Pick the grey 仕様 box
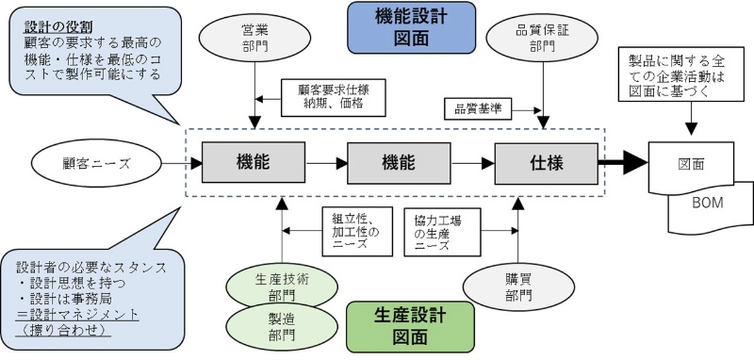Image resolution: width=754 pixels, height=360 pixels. [x=546, y=163]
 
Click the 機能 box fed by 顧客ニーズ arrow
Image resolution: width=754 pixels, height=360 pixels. [x=254, y=163]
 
